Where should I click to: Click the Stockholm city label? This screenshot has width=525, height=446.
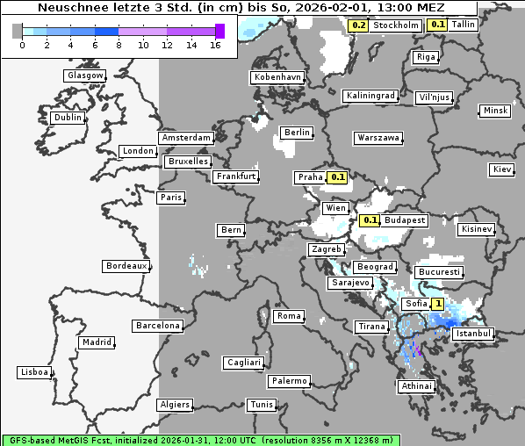[x=395, y=25]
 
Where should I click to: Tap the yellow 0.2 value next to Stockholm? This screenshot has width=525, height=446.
[x=358, y=25]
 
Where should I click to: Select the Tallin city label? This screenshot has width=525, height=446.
[x=463, y=25]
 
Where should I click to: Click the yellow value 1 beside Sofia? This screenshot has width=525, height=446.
[x=437, y=304]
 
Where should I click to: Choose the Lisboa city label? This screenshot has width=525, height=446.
[x=34, y=372]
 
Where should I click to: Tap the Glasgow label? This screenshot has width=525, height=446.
[x=85, y=76]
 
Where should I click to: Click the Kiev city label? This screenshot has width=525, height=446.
[x=502, y=169]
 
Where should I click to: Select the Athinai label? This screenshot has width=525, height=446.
[x=416, y=386]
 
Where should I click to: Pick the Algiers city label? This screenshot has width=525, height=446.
[x=174, y=405]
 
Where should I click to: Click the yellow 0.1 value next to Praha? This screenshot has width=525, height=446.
[x=339, y=177]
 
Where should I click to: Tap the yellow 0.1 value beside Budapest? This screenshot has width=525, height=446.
[x=370, y=220]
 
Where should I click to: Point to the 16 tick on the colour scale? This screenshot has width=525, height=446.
[x=216, y=44]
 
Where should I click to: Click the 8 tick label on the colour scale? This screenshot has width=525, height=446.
[x=118, y=44]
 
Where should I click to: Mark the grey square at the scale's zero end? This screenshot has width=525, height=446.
[x=18, y=31]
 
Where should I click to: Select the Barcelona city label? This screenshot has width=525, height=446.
[x=158, y=326]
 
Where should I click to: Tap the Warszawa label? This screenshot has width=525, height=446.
[x=378, y=138]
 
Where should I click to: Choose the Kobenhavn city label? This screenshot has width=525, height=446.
[x=277, y=77]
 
